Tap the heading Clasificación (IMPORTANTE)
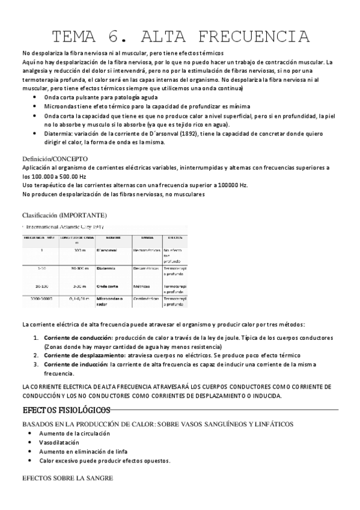[x=65, y=215]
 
